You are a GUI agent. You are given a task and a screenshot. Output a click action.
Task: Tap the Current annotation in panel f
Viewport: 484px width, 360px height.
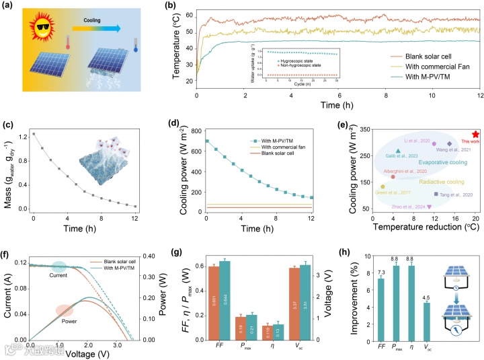(59, 275)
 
